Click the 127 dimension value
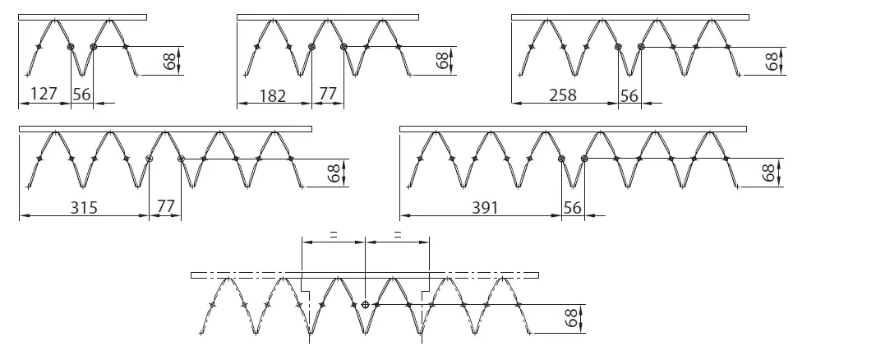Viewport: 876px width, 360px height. [44, 94]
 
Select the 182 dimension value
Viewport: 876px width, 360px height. [272, 95]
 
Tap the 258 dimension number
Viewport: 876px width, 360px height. [562, 95]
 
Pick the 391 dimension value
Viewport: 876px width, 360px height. [485, 208]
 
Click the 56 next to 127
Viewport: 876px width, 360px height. [82, 94]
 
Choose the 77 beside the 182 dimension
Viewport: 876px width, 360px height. [328, 95]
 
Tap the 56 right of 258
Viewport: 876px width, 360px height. [629, 95]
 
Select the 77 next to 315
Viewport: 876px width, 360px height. [166, 208]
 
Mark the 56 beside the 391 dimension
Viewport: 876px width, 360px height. [573, 208]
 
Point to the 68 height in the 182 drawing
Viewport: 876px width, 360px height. [442, 61]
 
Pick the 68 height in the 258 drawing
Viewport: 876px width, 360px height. [772, 61]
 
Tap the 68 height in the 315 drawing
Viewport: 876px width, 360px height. [334, 173]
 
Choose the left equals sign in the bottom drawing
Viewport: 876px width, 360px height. [333, 235]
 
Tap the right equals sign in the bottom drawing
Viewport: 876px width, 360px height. [398, 235]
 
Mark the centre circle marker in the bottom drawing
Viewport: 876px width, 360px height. [365, 304]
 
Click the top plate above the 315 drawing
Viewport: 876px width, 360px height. [164, 129]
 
